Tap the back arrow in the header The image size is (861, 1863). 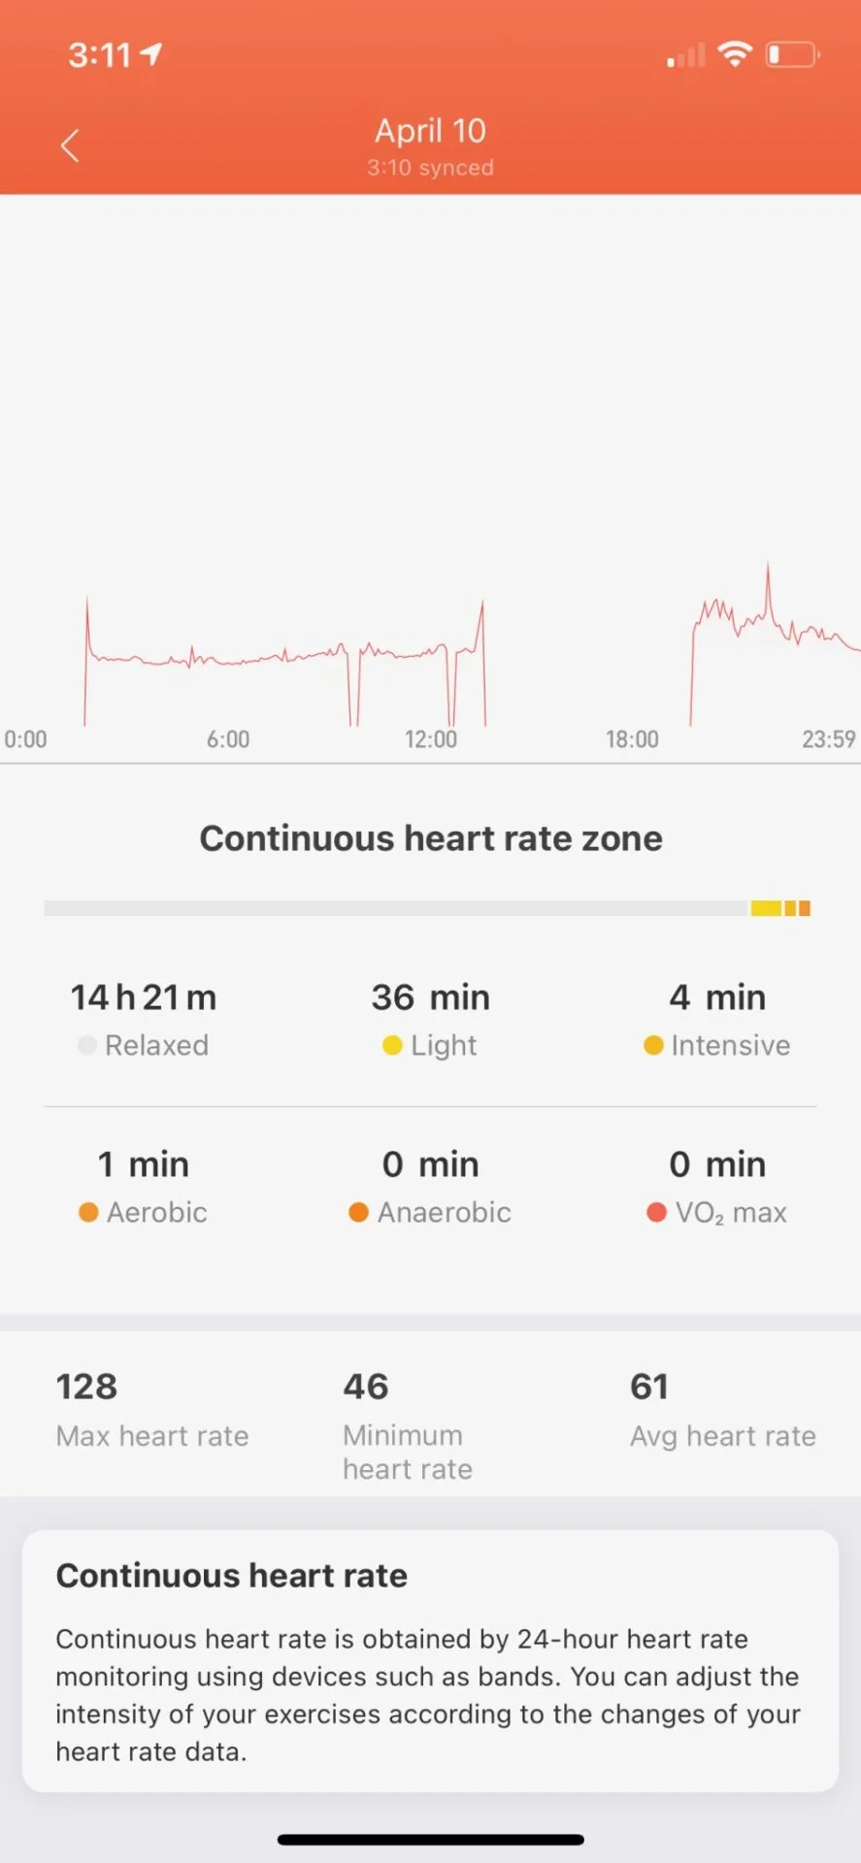(x=70, y=147)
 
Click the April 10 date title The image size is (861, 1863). (x=430, y=131)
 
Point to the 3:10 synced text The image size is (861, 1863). (x=430, y=168)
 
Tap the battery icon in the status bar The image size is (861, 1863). (x=792, y=54)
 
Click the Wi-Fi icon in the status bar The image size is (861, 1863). (x=735, y=54)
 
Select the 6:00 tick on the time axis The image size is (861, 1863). (x=228, y=739)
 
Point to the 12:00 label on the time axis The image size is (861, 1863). (x=430, y=739)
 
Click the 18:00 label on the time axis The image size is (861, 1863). (x=632, y=739)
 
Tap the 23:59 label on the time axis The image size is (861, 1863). (x=828, y=739)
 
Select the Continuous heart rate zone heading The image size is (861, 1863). (x=430, y=838)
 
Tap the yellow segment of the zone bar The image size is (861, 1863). (x=766, y=908)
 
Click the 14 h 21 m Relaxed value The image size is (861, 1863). (x=144, y=997)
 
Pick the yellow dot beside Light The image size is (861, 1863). (x=392, y=1045)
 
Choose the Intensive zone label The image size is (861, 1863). (x=730, y=1045)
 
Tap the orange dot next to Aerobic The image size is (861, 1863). (x=88, y=1212)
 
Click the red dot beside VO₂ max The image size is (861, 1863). (x=656, y=1212)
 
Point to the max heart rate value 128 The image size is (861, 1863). (x=86, y=1387)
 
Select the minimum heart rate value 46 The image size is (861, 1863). (x=366, y=1387)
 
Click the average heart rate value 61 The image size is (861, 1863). (x=649, y=1387)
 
